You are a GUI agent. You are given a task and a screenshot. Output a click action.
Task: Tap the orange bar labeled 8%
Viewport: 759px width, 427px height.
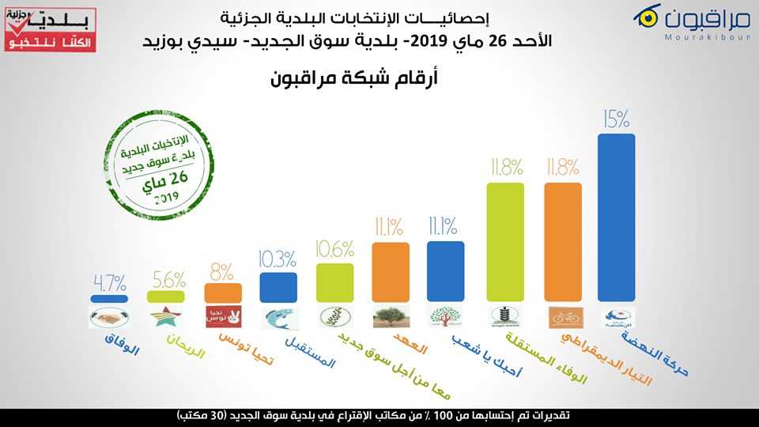coord(222,292)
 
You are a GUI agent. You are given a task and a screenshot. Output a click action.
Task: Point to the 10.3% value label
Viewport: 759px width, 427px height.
coord(278,259)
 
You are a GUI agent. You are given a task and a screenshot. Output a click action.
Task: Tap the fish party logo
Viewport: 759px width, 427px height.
coord(278,317)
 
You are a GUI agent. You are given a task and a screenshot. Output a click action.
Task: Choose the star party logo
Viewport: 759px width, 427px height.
coord(166,317)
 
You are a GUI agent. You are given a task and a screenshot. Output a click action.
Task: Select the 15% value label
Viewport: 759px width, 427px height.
coord(616,119)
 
